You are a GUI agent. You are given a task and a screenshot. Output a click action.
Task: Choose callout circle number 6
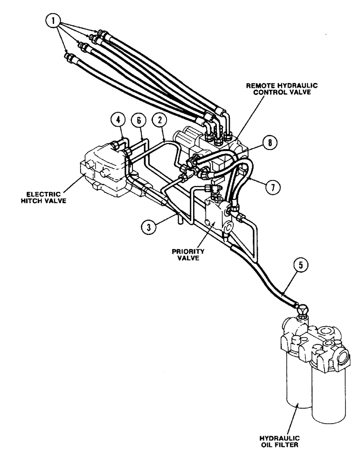point(140,120)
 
